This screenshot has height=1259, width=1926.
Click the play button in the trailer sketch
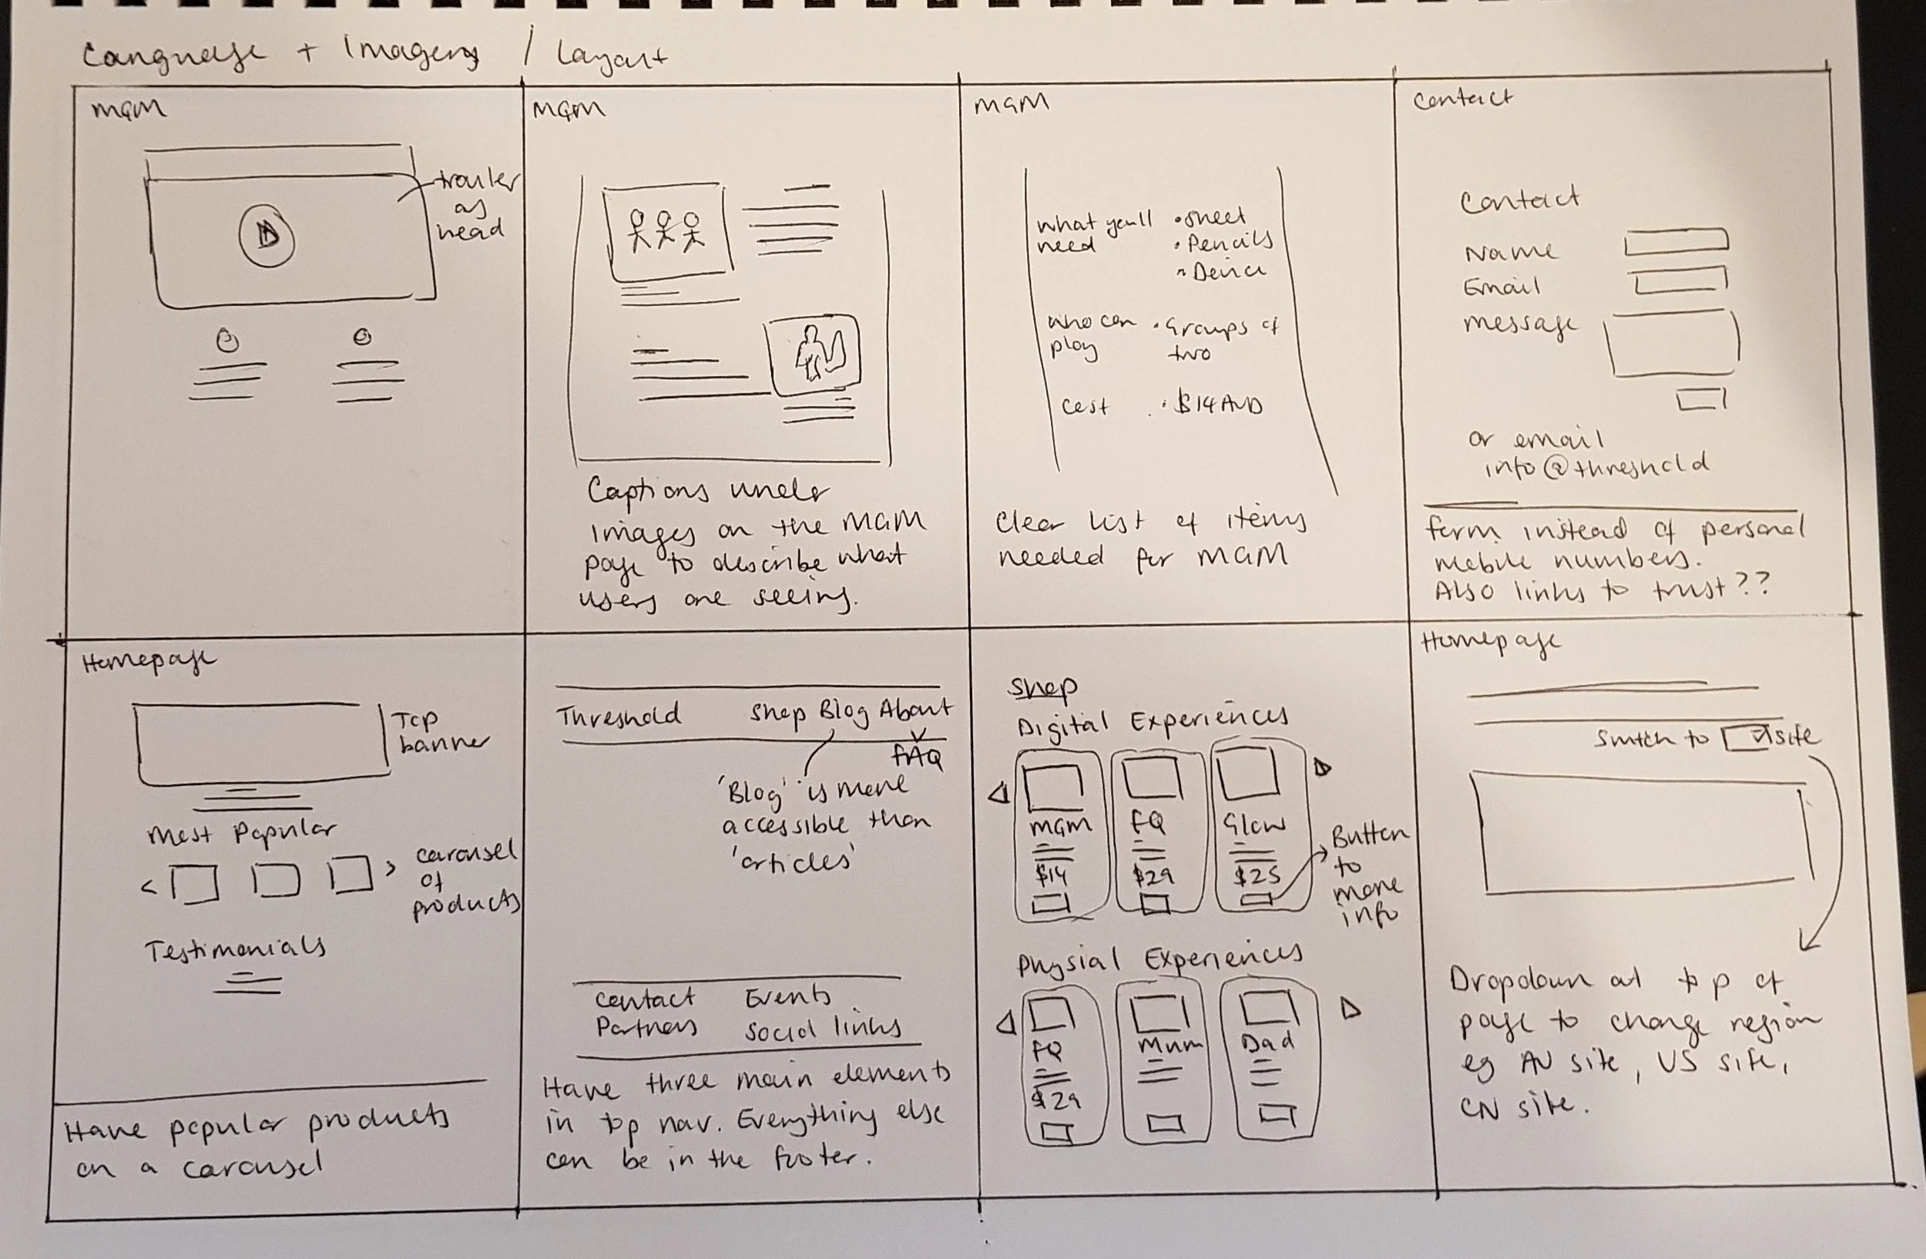point(267,237)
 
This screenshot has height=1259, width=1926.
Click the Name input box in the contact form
point(1676,241)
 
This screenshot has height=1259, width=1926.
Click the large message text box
point(1673,344)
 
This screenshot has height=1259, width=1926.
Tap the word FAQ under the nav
point(917,757)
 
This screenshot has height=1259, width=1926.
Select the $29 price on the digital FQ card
point(1150,876)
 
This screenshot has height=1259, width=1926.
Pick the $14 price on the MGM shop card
point(1049,875)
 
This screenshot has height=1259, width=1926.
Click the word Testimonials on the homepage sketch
point(236,948)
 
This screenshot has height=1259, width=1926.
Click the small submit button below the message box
point(1701,399)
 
